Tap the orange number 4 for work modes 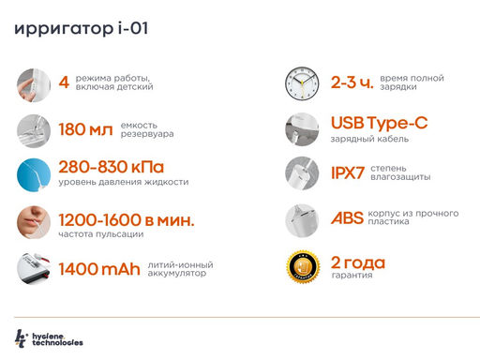pyautogui.click(x=64, y=82)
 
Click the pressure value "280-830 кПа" pyautogui.click(x=117, y=167)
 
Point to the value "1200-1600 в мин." pyautogui.click(x=126, y=220)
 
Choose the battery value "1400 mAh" pyautogui.click(x=98, y=270)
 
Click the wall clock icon pyautogui.click(x=303, y=84)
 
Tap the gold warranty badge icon pyautogui.click(x=303, y=267)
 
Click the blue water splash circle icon pyautogui.click(x=36, y=173)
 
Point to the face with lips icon pyautogui.click(x=36, y=222)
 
